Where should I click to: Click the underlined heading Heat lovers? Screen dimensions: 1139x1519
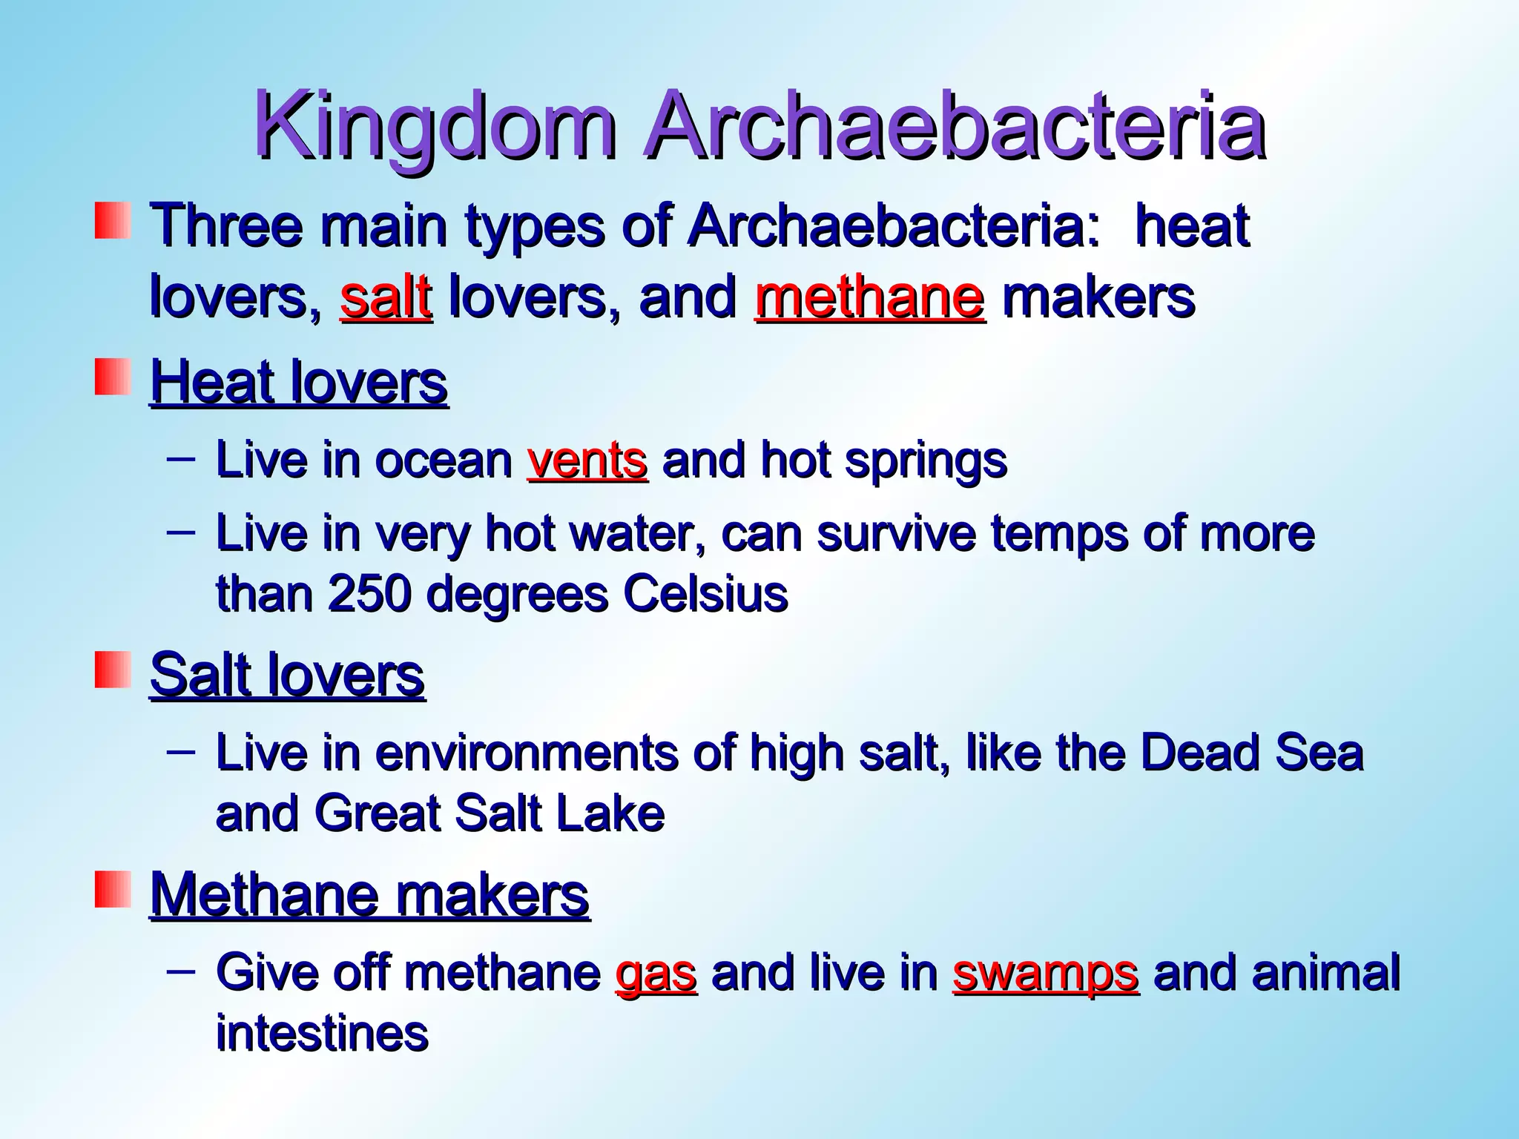coord(299,383)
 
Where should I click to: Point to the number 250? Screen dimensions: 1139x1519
coord(369,595)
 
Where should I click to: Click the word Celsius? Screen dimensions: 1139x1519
coord(705,595)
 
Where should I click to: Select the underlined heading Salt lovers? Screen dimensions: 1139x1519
coord(287,675)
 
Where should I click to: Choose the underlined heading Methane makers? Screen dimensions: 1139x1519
coord(369,896)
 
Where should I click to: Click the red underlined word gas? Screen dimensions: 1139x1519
coord(656,973)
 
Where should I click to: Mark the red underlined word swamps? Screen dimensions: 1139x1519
coord(1045,973)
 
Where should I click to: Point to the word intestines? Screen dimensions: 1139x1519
coord(322,1034)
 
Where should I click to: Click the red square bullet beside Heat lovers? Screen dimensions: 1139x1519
coord(112,377)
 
